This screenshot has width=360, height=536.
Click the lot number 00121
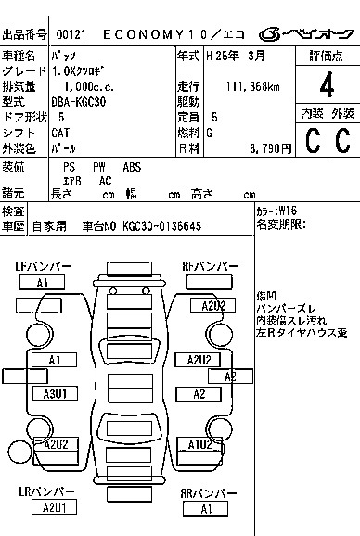[69, 33]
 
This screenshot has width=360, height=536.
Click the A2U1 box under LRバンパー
[54, 506]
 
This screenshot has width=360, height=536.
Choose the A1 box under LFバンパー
[43, 283]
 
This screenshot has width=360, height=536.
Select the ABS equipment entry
[133, 167]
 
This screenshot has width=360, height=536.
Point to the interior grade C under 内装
[311, 140]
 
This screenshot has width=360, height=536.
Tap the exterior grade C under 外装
[342, 140]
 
